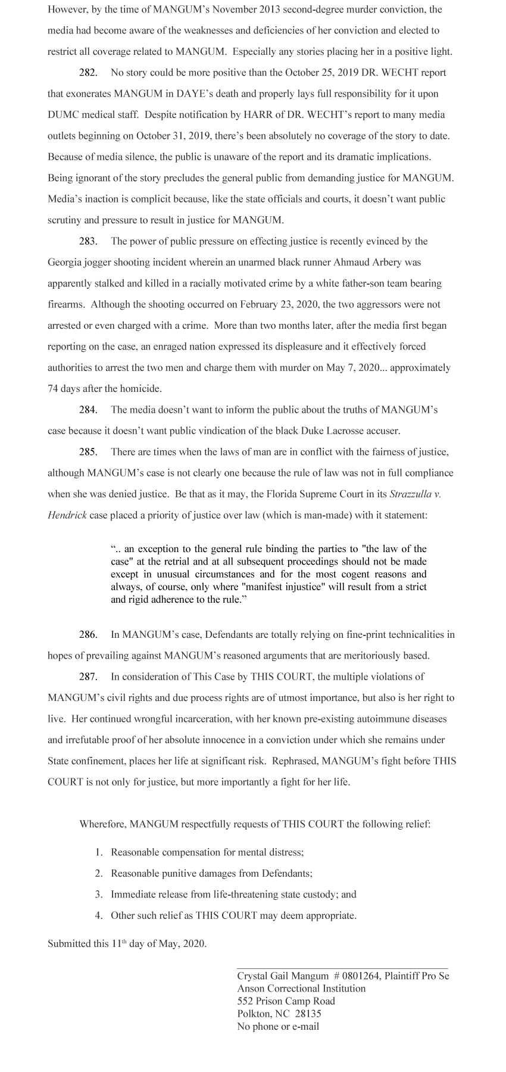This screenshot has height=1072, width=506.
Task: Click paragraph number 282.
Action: point(88,73)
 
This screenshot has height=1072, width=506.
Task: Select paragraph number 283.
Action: point(88,241)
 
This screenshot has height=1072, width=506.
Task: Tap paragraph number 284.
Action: point(88,410)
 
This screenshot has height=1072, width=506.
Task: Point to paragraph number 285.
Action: point(88,452)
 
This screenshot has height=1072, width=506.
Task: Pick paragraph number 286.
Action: point(88,635)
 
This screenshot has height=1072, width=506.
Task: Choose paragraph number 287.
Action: point(88,677)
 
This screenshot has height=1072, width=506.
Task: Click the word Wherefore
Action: point(103,824)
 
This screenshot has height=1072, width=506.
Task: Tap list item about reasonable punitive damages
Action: point(211,874)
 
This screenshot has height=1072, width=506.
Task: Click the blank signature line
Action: point(342,968)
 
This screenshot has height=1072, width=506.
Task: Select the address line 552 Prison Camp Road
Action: point(286,1001)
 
